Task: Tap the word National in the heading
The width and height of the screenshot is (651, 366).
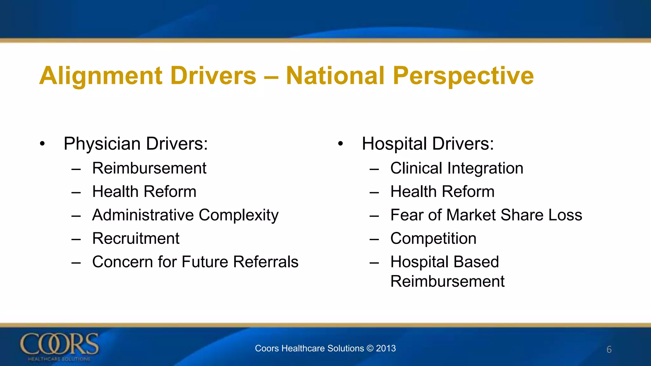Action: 335,76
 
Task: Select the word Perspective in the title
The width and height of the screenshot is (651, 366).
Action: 463,76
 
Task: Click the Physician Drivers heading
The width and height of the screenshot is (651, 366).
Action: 135,144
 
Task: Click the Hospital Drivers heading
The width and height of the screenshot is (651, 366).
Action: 428,144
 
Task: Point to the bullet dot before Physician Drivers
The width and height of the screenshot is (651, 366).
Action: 42,144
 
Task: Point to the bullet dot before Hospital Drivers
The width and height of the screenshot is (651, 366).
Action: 340,144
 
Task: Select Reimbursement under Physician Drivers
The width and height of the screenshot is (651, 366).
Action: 149,168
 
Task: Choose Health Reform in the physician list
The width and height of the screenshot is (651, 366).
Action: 144,192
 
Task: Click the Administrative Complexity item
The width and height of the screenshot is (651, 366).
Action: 185,215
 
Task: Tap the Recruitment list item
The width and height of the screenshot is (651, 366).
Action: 136,239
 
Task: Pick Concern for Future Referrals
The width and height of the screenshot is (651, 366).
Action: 195,262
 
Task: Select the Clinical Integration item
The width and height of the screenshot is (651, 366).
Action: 456,168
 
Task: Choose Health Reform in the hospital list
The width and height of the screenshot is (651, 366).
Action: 442,192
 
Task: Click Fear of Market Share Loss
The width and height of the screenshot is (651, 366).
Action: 486,215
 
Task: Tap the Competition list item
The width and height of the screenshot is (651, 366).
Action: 433,239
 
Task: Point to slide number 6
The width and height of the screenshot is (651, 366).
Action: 609,349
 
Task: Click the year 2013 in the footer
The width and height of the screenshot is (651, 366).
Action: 386,349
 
